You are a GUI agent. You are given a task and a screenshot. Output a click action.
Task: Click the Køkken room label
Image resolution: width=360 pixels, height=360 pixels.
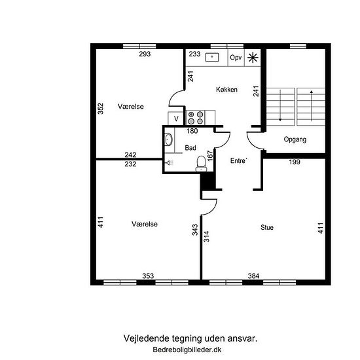click(226, 89)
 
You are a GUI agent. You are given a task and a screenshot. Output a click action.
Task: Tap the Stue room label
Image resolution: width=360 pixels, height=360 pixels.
click(267, 227)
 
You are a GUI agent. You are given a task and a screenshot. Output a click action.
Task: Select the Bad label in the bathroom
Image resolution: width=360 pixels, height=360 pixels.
click(190, 148)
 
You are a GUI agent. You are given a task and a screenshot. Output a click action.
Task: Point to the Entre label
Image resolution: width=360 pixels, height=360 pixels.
click(238, 160)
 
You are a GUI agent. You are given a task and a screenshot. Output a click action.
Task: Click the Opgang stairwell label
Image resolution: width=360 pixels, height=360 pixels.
click(295, 139)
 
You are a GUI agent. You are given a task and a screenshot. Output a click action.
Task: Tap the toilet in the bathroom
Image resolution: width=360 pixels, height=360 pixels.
click(201, 164)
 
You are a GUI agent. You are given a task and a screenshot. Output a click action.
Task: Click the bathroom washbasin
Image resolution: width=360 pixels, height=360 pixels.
click(168, 139)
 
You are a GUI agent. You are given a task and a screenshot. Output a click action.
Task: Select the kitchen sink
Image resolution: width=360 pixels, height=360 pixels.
click(212, 57)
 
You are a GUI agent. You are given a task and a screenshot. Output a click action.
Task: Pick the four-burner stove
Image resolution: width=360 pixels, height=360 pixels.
click(196, 118)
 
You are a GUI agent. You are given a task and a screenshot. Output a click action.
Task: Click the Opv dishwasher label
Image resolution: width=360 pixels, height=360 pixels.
click(236, 58)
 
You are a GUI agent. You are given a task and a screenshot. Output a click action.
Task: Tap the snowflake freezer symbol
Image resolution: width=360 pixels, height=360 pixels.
click(253, 58)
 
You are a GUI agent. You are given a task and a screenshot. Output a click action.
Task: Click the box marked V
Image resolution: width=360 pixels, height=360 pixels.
click(176, 118)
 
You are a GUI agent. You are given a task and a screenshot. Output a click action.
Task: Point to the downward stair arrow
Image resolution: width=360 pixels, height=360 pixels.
click(280, 105)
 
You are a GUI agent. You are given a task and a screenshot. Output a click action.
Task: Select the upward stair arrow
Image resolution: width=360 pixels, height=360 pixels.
click(312, 105)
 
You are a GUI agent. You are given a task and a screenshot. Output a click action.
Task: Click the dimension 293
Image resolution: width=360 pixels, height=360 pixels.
click(145, 54)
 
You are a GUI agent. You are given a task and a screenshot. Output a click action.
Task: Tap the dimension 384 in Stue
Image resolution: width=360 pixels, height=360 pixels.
click(254, 276)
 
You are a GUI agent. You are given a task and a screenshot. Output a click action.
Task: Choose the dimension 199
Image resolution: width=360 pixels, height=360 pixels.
click(295, 162)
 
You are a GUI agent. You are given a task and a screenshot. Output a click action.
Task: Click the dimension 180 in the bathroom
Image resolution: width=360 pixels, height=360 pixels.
click(192, 131)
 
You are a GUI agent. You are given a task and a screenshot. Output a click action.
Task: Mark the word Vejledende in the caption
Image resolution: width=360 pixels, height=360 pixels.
click(145, 338)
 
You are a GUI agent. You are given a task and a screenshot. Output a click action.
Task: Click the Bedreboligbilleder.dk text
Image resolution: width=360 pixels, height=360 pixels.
click(187, 350)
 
